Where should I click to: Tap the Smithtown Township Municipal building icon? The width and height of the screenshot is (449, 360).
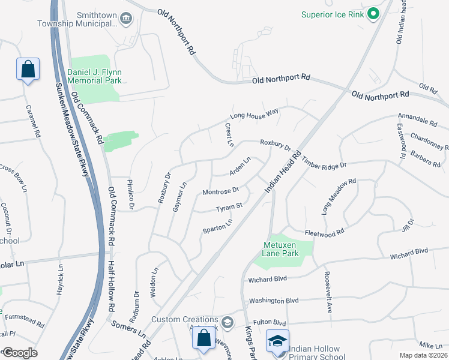(x=125, y=19)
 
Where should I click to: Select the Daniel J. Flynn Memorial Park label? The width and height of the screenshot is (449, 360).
(x=95, y=76)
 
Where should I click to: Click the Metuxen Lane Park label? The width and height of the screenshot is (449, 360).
(x=280, y=248)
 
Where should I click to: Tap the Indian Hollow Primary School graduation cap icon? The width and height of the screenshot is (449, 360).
(x=277, y=341)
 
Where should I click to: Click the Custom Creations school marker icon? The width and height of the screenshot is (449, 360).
(x=227, y=323)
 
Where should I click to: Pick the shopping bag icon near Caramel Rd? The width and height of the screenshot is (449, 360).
(x=28, y=69)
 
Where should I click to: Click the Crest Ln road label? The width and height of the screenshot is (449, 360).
(x=229, y=134)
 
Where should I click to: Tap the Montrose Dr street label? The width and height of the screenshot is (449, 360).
(x=220, y=191)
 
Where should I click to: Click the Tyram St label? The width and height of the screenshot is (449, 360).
(x=229, y=208)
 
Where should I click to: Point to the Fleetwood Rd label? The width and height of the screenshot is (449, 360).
(x=324, y=231)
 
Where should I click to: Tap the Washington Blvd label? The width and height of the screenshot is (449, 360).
(x=274, y=301)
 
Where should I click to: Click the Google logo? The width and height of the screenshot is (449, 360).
(x=20, y=353)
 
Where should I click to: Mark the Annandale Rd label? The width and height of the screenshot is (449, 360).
(x=417, y=119)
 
